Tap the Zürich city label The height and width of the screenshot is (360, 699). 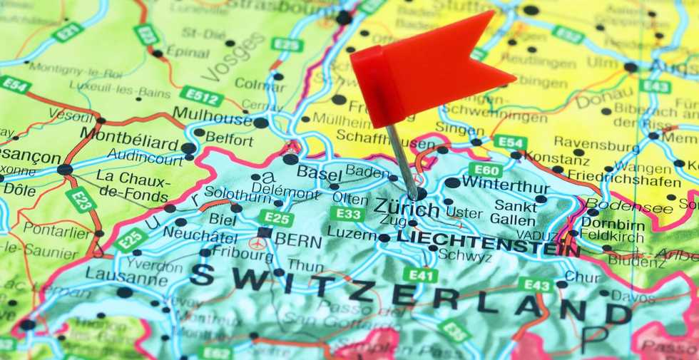point(407,209)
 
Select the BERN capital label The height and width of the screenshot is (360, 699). point(298,240)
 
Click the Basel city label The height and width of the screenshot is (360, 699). point(319,172)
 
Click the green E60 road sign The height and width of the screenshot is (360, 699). point(485,170)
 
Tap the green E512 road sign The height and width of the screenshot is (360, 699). point(201,96)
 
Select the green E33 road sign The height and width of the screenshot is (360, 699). point(347,214)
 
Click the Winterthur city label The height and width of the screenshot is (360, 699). point(505,182)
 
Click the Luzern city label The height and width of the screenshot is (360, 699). point(352,234)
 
